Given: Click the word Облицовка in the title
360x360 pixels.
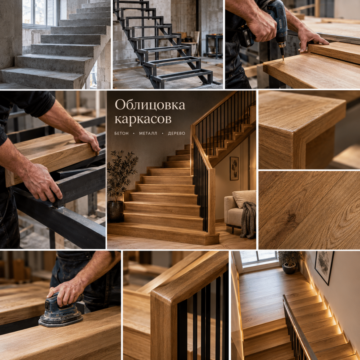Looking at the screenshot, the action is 150,105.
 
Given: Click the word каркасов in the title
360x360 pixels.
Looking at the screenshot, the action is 143,119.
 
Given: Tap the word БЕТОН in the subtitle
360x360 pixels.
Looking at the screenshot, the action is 122,134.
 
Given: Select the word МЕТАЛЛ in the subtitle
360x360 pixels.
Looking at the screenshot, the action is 148,134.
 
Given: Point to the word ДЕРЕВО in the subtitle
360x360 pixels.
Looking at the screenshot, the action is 177,134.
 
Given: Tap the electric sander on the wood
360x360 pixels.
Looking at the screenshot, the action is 61,310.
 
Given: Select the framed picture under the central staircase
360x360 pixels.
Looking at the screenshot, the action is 234,168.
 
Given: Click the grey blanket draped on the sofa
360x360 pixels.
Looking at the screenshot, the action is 248,220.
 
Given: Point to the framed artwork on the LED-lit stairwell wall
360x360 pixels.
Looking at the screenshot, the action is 324,267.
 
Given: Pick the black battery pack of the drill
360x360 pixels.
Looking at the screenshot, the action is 246,36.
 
